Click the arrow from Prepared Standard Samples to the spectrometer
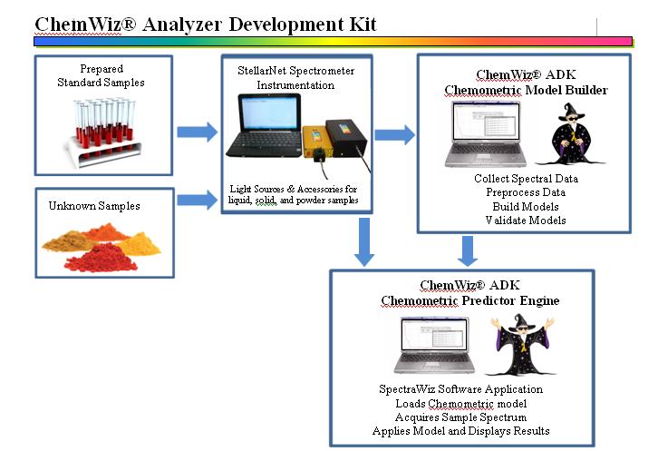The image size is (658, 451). coord(198,132)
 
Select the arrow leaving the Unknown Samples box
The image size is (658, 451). coord(198,200)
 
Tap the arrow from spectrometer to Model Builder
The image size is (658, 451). coord(395,135)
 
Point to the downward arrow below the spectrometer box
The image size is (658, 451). coord(364,241)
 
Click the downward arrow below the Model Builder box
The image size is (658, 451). coord(468,251)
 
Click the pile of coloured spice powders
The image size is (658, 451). coord(102,248)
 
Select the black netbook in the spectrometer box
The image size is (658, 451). coord(264,125)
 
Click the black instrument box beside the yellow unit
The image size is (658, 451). coord(346,137)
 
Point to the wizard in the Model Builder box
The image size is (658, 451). coord(570,134)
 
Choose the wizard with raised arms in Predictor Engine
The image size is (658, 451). coord(522,344)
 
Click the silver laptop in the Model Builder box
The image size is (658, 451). coord(486,134)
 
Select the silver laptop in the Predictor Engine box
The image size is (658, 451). coord(434,345)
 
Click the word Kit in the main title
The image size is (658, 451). coord(363,25)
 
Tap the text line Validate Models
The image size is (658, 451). coord(526,221)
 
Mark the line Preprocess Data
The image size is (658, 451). coord(526,192)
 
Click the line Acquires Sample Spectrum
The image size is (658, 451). coord(460,417)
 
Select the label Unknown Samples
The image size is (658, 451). coord(94,206)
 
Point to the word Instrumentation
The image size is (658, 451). coord(295,85)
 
